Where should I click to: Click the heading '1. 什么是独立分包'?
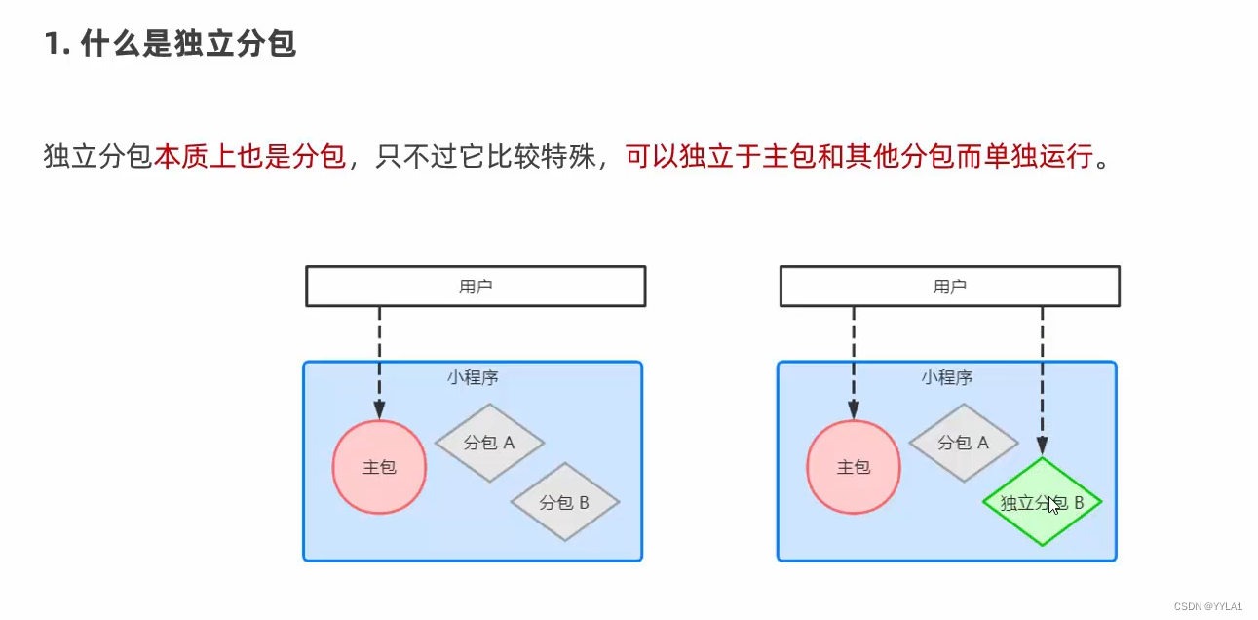tap(171, 45)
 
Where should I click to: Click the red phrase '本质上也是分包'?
tap(250, 156)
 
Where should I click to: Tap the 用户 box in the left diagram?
tap(476, 287)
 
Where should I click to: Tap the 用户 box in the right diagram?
tap(950, 287)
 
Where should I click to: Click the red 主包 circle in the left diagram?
tap(379, 467)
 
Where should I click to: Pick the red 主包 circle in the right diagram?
tap(854, 467)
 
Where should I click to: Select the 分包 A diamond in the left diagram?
tap(489, 443)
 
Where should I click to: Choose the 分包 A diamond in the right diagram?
tap(964, 443)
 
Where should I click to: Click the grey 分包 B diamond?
tap(565, 503)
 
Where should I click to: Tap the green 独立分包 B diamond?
tap(1042, 503)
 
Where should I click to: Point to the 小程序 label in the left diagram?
tap(474, 377)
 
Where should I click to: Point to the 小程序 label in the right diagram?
tap(947, 377)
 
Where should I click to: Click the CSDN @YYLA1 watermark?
tap(1208, 606)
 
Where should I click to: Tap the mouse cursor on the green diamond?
tap(1053, 506)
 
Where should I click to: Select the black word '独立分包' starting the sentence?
tap(98, 156)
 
